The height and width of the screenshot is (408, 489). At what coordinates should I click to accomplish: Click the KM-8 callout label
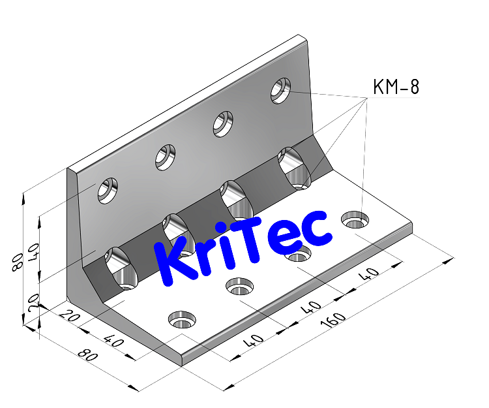[395, 87]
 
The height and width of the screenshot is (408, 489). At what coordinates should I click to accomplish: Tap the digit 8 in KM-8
[413, 87]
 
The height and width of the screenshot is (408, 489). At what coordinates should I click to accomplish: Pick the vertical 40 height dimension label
[33, 250]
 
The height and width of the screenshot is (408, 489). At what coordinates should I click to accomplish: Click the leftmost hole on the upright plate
[108, 189]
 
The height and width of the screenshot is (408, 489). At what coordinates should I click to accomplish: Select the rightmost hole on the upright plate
[282, 89]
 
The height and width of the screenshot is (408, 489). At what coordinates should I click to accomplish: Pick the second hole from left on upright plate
[166, 156]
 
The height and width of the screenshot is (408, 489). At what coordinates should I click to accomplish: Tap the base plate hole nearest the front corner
[182, 319]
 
